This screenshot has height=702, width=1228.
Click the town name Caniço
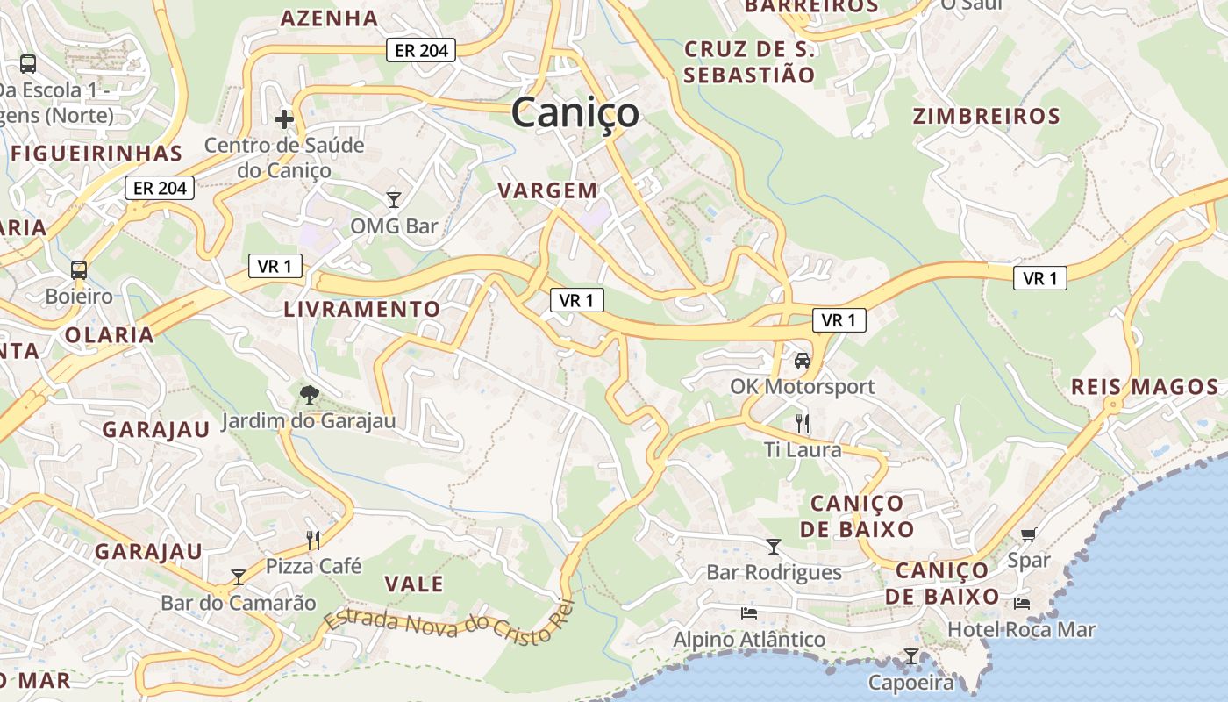575,113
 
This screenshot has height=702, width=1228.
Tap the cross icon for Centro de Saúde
284,118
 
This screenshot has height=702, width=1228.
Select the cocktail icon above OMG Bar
394,200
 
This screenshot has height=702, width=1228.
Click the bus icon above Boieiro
79,269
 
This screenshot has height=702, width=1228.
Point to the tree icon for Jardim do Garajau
309,395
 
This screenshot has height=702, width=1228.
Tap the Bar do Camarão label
238,603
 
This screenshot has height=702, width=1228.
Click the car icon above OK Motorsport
802,360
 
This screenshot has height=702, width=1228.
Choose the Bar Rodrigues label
774,573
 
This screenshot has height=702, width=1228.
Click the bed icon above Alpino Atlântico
748,612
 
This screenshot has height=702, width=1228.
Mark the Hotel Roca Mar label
1021,629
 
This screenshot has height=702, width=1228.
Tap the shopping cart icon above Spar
1029,534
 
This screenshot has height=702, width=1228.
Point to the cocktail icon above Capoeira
911,655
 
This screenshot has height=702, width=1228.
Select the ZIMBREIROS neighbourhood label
986,117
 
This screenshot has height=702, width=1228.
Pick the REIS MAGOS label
1145,387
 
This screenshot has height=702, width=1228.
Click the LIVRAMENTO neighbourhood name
361,309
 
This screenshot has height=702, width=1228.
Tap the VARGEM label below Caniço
547,190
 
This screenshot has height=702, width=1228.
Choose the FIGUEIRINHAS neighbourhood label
96,154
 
